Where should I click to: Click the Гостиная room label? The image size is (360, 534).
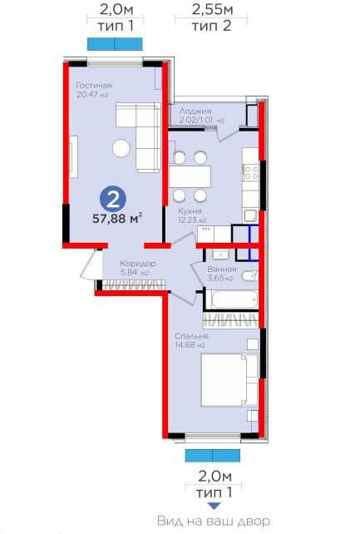point(94,85)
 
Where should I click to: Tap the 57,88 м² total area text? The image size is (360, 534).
point(117,218)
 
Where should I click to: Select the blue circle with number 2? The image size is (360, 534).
point(113,200)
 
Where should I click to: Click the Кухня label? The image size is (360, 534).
point(190,211)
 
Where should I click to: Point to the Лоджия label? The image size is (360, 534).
point(195,111)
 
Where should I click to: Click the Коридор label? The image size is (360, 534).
point(138,264)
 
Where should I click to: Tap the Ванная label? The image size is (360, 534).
point(222,269)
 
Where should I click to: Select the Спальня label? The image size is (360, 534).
point(191,336)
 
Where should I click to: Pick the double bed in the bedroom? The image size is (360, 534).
point(229,380)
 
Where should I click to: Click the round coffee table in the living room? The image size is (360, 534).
point(121,149)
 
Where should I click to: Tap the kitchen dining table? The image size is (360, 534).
point(190,176)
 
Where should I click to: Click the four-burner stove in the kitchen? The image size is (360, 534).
point(251,172)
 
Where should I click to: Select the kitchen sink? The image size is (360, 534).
point(251,216)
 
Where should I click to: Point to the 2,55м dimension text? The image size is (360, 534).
point(213,9)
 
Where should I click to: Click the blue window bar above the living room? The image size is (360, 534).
point(115,44)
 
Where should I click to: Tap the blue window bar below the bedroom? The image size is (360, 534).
point(213,455)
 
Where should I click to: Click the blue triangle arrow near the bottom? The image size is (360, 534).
point(214,507)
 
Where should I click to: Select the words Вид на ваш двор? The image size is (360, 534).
point(214,521)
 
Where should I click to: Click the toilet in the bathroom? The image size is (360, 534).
point(250,275)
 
